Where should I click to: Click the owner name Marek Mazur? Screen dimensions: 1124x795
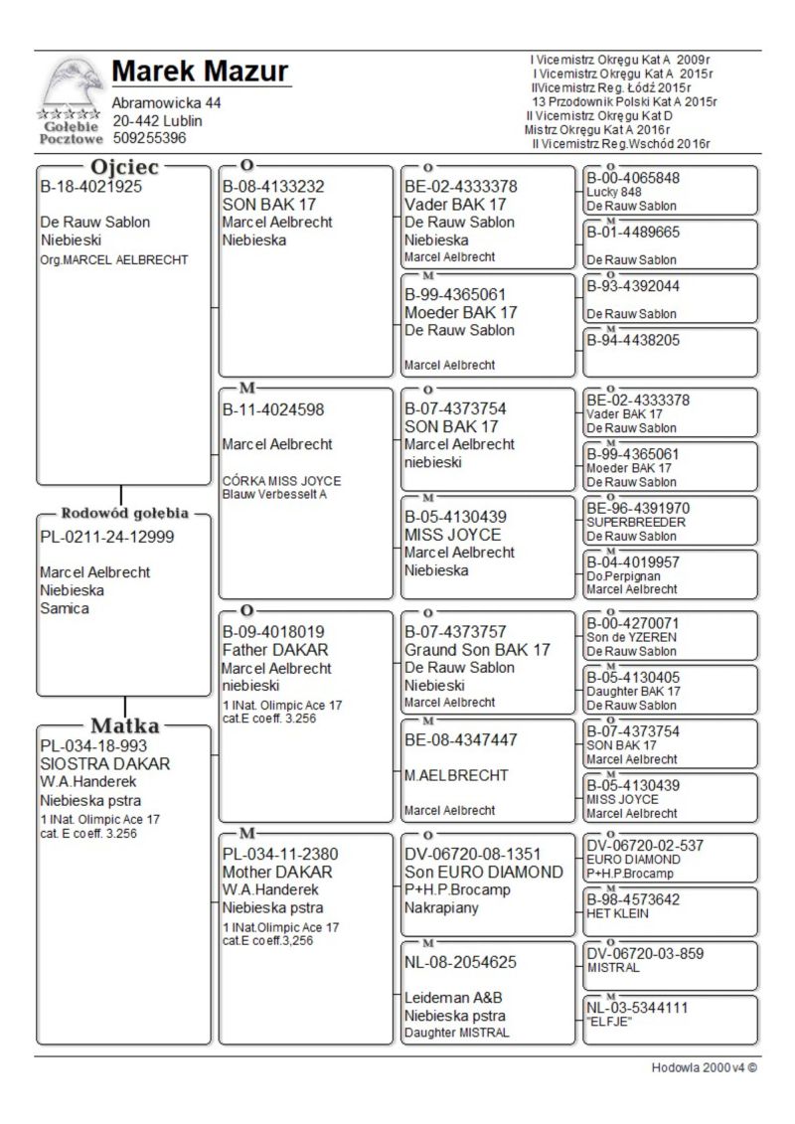[x=201, y=73]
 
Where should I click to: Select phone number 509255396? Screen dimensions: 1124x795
[x=149, y=138]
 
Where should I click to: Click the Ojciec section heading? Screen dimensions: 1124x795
[x=125, y=167]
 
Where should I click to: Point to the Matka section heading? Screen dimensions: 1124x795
[x=125, y=724]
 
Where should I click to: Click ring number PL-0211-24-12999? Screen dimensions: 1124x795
[x=107, y=538]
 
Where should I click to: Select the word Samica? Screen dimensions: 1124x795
[x=65, y=608]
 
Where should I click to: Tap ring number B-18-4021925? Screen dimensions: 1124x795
[x=90, y=186]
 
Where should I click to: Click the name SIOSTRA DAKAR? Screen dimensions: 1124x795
[x=104, y=764]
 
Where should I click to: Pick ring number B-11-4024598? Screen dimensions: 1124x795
[x=273, y=408]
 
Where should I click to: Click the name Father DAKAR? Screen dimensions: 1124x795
[x=261, y=650]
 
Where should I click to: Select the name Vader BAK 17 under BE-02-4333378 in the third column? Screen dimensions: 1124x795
[x=452, y=205]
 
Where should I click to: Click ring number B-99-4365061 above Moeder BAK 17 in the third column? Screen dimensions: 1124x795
[x=455, y=294]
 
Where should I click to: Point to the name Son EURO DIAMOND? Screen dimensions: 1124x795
[x=484, y=872]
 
